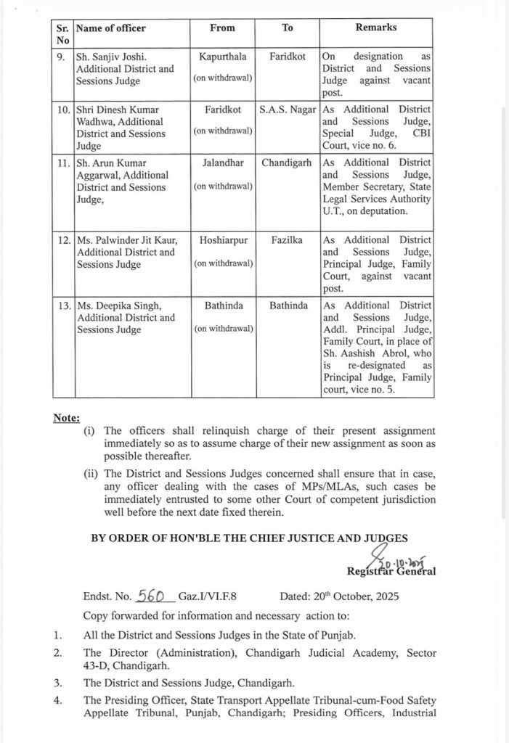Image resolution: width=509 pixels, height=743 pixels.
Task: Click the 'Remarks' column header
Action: click(375, 28)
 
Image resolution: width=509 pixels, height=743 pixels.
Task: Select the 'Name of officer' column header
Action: click(111, 28)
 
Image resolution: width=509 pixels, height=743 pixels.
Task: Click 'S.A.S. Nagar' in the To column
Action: click(288, 109)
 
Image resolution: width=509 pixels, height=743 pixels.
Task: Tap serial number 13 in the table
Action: click(63, 306)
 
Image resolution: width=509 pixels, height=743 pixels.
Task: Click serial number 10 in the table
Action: click(63, 109)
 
